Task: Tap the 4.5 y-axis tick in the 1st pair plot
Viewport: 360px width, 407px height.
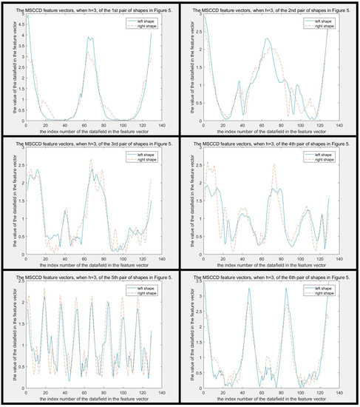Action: point(21,23)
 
